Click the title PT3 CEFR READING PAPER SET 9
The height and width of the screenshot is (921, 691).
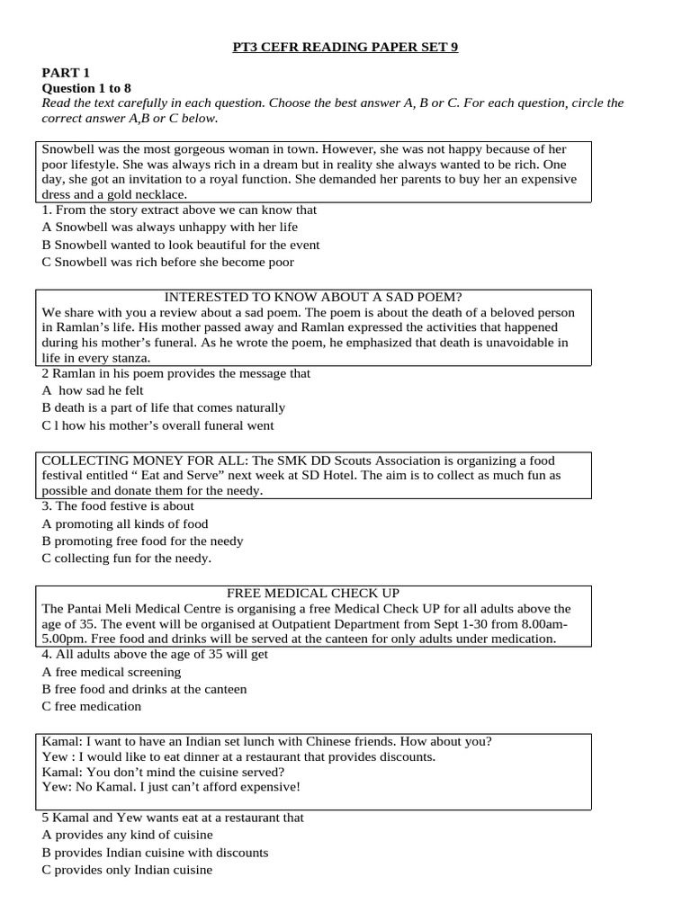pos(345,47)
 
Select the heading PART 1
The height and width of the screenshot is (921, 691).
pos(67,72)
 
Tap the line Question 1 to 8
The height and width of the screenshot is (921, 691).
pos(86,87)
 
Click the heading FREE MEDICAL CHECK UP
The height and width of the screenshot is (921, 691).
pos(312,594)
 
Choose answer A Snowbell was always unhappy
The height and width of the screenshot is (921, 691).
pos(170,227)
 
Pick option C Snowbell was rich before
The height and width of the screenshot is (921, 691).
pos(168,262)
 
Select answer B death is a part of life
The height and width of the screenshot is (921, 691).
pos(164,407)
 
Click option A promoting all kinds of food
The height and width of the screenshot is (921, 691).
pos(125,523)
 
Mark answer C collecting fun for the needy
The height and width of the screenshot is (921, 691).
pos(127,558)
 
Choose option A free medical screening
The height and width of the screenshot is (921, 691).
pos(112,672)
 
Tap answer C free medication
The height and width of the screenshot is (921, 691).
pos(92,706)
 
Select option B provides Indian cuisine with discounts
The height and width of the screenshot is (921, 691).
pos(155,852)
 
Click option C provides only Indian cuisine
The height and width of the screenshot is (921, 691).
pos(127,870)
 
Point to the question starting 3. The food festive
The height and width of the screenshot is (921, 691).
pos(118,506)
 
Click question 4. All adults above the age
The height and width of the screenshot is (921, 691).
pos(155,655)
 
